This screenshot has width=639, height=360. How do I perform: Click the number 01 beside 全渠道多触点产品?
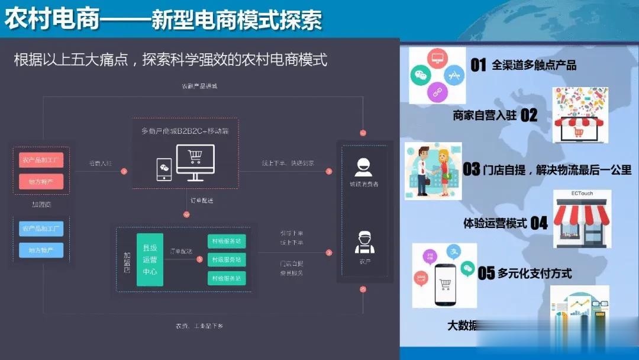click(478, 65)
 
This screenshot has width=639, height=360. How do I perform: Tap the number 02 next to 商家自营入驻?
click(529, 115)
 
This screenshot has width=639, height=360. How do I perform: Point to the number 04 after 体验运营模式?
click(539, 223)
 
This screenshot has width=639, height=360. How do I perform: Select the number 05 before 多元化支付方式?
click(486, 273)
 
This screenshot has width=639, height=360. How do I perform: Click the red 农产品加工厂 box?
click(41, 160)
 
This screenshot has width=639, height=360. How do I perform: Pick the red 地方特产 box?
click(41, 182)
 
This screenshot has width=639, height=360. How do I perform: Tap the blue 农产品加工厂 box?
click(41, 228)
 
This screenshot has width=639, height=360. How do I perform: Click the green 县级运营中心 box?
click(150, 259)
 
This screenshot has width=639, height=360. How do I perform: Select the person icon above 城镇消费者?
click(363, 166)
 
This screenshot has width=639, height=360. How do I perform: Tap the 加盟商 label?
click(41, 205)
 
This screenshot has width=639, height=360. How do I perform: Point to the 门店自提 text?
click(291, 263)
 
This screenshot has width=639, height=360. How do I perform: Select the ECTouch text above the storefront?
click(582, 194)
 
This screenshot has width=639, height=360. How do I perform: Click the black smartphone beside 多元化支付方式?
click(446, 284)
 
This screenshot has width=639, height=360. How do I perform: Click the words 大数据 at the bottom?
click(461, 325)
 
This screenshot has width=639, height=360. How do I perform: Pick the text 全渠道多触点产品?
click(534, 65)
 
